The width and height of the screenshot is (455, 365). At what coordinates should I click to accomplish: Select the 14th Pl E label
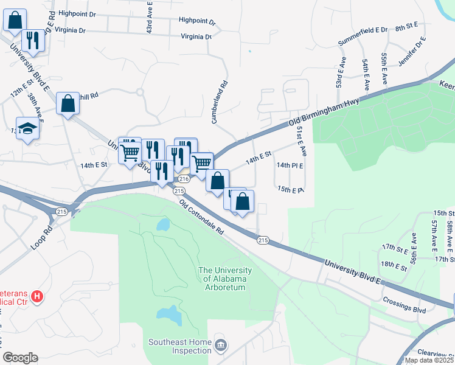click(x=290, y=165)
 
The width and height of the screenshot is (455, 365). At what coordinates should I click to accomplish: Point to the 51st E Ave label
click(x=300, y=139)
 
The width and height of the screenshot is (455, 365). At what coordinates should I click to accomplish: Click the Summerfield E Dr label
click(x=363, y=29)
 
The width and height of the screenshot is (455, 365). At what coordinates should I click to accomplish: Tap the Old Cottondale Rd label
click(x=202, y=218)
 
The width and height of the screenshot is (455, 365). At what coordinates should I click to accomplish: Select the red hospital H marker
click(x=37, y=297)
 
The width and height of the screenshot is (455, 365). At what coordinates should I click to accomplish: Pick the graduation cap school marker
click(x=27, y=128)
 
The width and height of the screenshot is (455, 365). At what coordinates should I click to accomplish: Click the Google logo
click(x=20, y=358)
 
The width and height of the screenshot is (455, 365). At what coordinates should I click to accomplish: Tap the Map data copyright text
click(x=429, y=360)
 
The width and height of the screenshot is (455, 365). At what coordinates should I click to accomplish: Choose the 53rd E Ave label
click(x=341, y=72)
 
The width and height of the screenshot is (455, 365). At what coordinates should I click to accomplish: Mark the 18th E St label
click(x=393, y=265)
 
